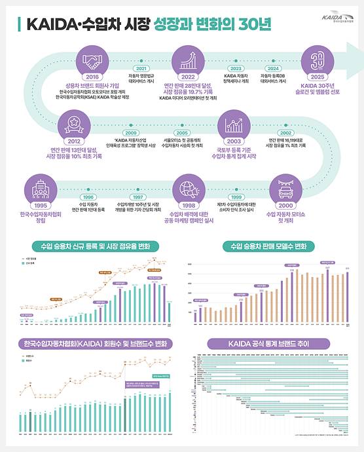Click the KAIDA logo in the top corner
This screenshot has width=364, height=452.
pyautogui.click(x=335, y=22)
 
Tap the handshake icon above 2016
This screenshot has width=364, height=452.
pyautogui.click(x=92, y=62)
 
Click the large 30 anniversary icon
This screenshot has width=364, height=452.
pyautogui.click(x=316, y=62)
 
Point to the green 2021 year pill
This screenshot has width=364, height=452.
pyautogui.click(x=140, y=68)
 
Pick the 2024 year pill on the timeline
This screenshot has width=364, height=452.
pyautogui.click(x=274, y=68)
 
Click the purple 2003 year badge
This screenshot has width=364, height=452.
pyautogui.click(x=234, y=140)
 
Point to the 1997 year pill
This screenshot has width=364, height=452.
pyautogui.click(x=137, y=197)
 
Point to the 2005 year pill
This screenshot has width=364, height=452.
pyautogui.click(x=181, y=133)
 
